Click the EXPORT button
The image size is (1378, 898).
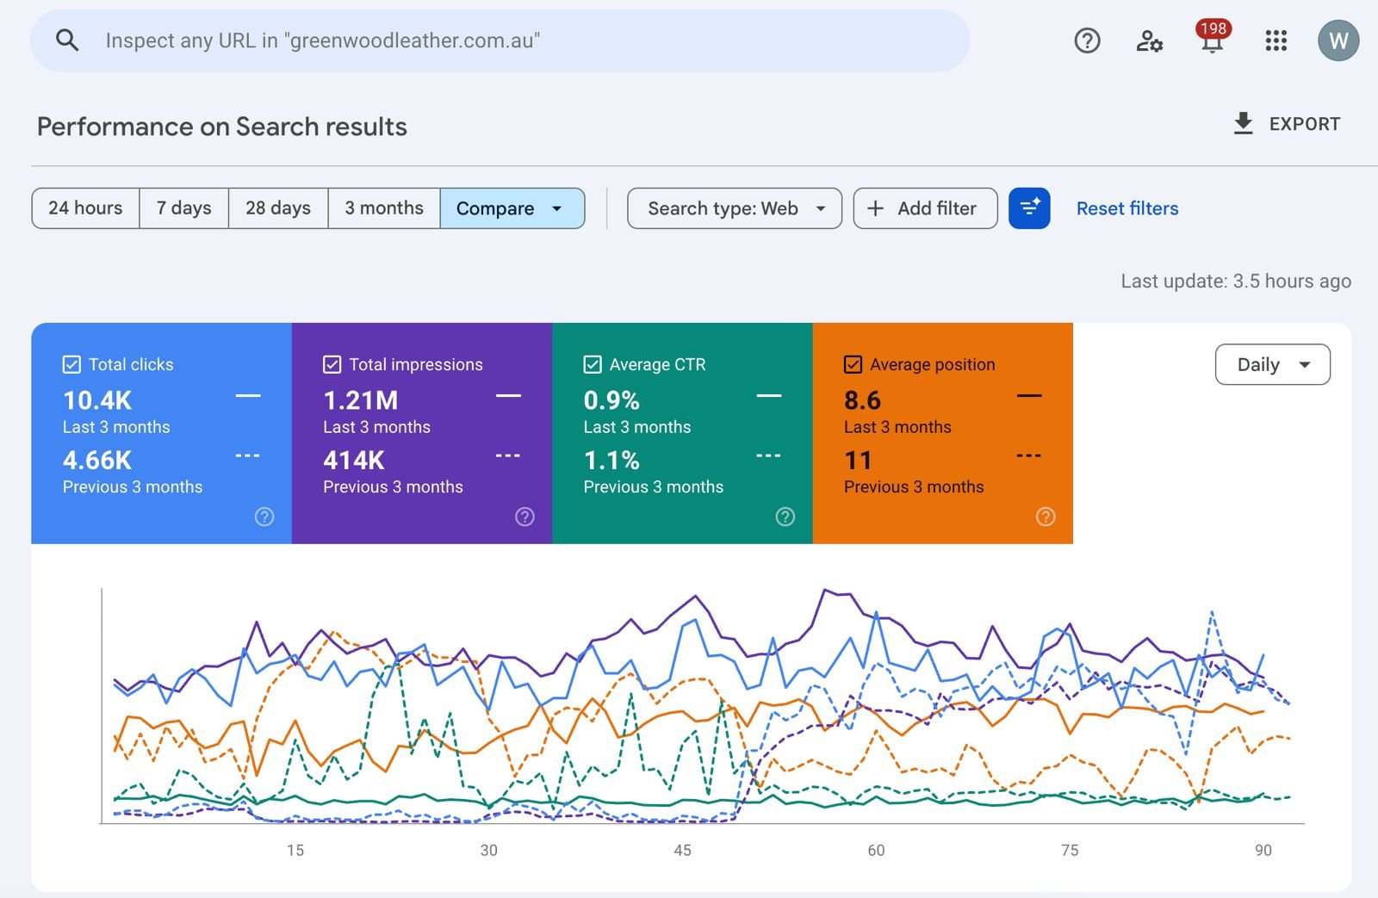(1287, 124)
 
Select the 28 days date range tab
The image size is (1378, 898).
(278, 208)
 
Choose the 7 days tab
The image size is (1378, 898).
(183, 208)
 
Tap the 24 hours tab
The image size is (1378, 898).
(85, 208)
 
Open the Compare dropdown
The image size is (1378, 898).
(512, 208)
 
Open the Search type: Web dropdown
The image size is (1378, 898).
(734, 208)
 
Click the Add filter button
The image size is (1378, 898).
(925, 208)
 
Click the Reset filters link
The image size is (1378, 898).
(1127, 208)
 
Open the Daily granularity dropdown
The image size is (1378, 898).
(1272, 365)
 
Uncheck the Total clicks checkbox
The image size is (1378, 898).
(71, 365)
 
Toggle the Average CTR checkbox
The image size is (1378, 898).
(593, 365)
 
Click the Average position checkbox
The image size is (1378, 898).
(853, 365)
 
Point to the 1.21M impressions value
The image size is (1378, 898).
(361, 400)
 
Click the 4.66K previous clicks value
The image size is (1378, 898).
(97, 461)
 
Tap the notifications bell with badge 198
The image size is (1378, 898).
(1212, 40)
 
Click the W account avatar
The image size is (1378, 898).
(1338, 40)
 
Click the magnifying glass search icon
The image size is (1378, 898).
(67, 40)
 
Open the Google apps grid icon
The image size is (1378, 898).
(1276, 40)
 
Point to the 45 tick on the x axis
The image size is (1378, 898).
(682, 851)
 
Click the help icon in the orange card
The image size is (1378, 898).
(1045, 517)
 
